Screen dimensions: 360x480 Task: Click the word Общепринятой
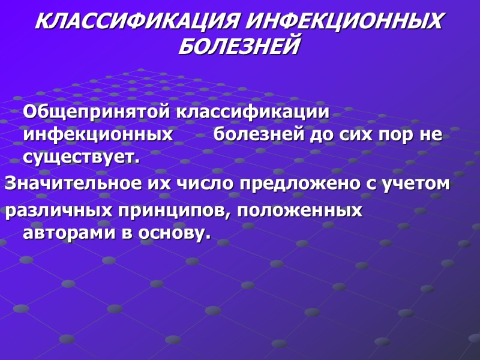pos(96,113)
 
